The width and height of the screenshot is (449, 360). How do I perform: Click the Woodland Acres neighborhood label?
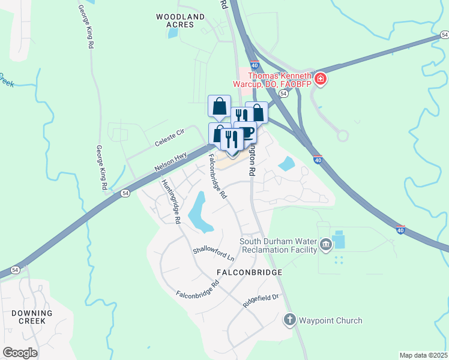[x=175, y=20]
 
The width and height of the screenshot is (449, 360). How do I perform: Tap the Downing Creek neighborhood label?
[x=31, y=317]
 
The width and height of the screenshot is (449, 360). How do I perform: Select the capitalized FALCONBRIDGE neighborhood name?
[x=247, y=272]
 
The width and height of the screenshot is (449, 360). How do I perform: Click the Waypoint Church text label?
[x=331, y=320]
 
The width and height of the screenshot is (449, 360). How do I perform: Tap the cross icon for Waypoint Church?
[x=289, y=320]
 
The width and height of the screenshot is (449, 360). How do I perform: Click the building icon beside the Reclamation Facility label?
[x=325, y=244]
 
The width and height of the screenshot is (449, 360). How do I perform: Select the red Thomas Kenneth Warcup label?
[x=280, y=80]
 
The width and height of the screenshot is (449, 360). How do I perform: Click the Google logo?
[x=20, y=353]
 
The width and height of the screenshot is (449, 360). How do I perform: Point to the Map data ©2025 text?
[x=423, y=355]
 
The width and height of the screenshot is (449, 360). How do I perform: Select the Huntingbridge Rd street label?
[x=171, y=202]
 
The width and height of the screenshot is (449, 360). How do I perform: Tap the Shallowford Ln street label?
[x=213, y=253]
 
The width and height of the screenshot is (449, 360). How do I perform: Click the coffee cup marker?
[x=247, y=133]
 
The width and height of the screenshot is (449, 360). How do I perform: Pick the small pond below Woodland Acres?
[x=173, y=33]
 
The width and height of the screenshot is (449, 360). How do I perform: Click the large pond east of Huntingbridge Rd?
[x=199, y=212]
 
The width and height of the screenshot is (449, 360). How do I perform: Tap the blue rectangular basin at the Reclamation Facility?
[x=339, y=240]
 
